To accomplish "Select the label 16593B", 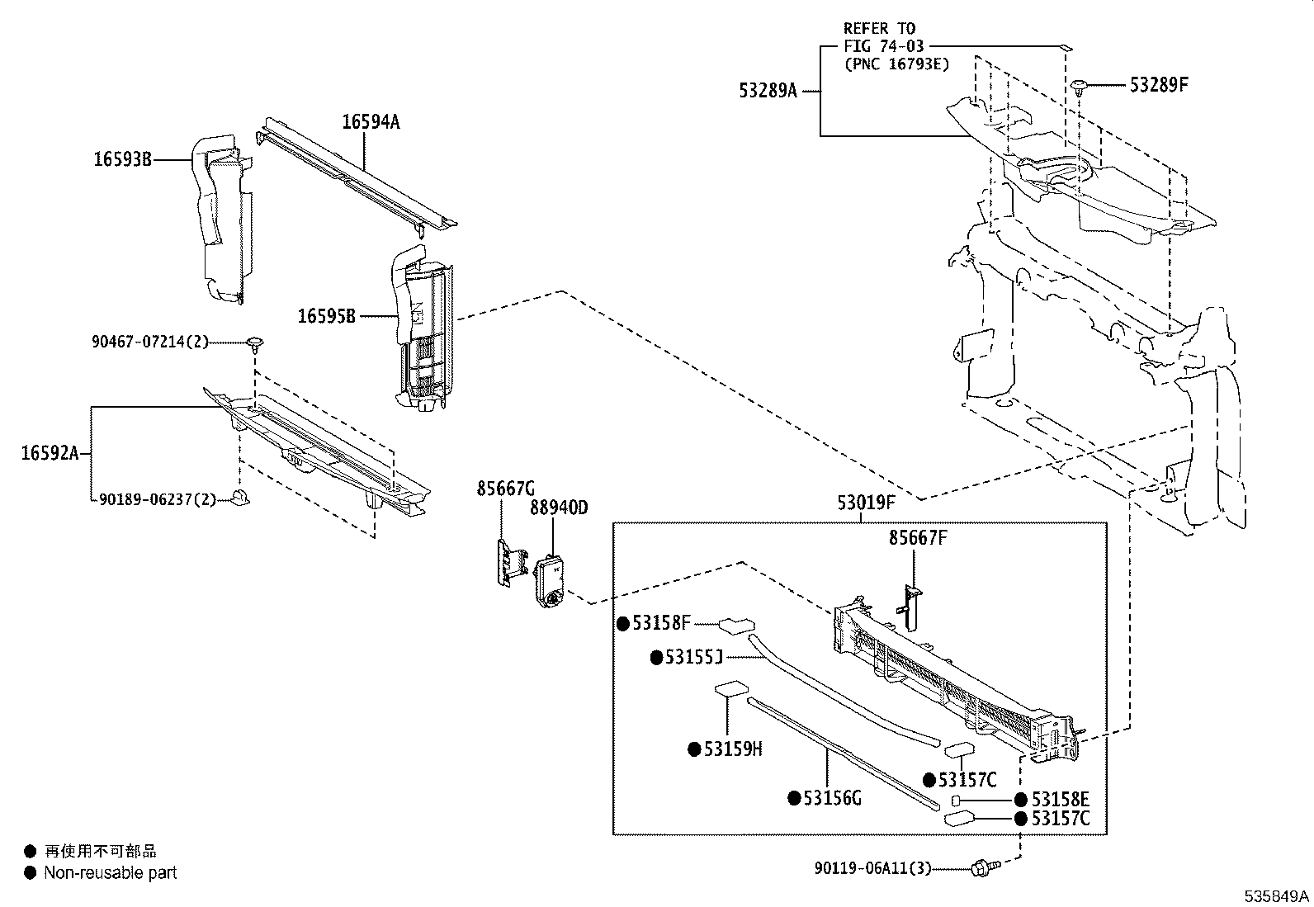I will pyautogui.click(x=121, y=160).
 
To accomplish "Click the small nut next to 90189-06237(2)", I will pyautogui.click(x=241, y=497).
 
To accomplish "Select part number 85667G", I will pyautogui.click(x=505, y=489).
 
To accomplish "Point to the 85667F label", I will pyautogui.click(x=917, y=538).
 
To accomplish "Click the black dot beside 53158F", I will pyautogui.click(x=624, y=624).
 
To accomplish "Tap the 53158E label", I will pyautogui.click(x=1060, y=799).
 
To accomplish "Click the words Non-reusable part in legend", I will pyautogui.click(x=110, y=872).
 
